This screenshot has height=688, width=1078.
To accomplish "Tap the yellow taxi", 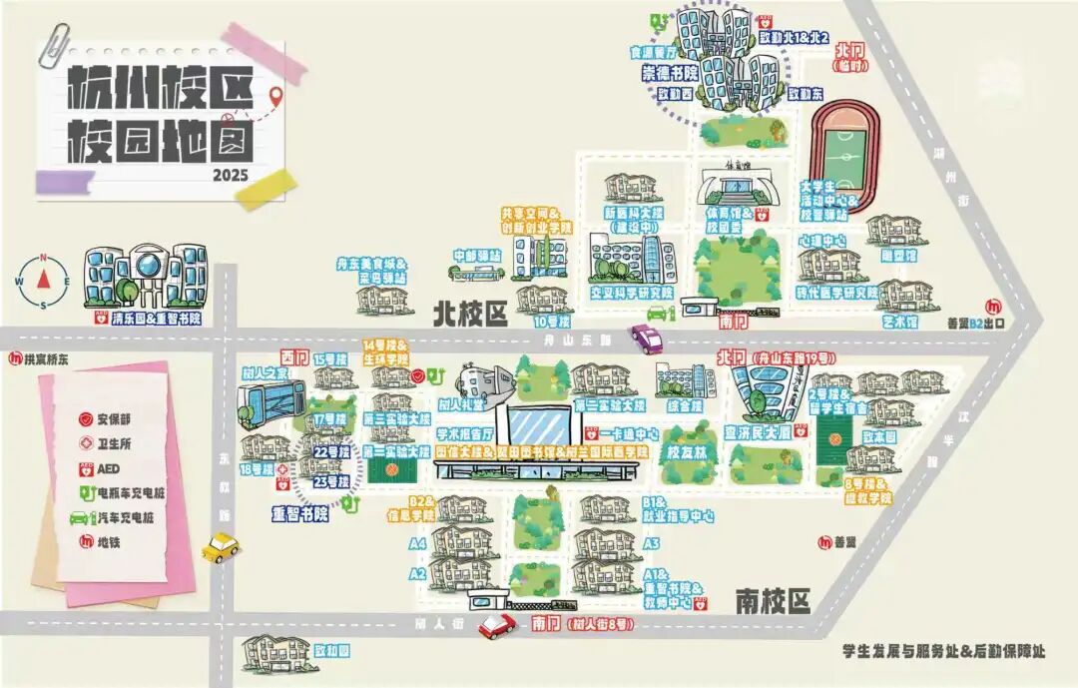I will pyautogui.click(x=220, y=546).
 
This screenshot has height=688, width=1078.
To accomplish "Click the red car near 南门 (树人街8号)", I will pyautogui.click(x=496, y=626).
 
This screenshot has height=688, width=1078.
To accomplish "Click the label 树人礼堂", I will pyautogui.click(x=461, y=404).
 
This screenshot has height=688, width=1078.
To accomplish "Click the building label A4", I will pyautogui.click(x=417, y=543).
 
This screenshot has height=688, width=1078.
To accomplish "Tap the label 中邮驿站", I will pyautogui.click(x=476, y=256).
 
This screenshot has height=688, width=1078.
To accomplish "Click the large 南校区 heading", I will pyautogui.click(x=772, y=601).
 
